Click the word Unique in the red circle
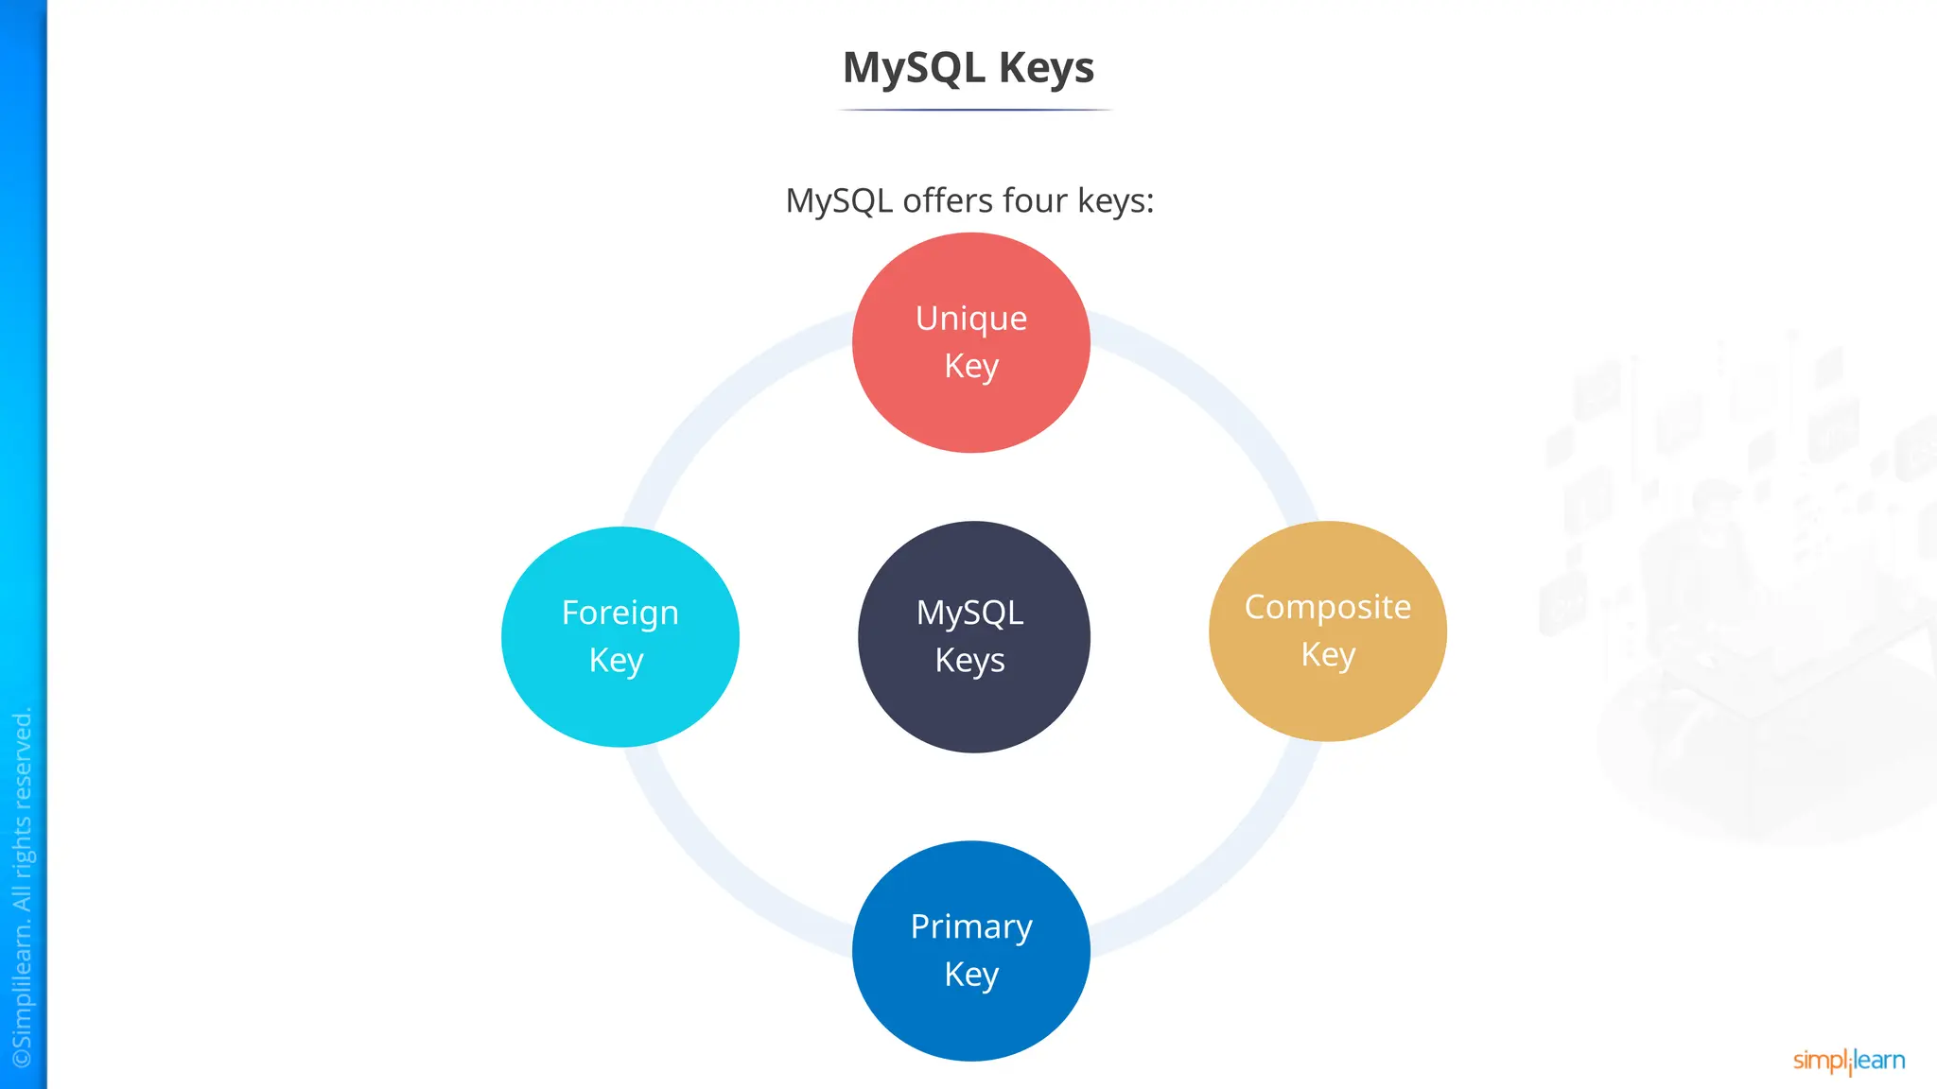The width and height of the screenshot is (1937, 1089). coord(971,319)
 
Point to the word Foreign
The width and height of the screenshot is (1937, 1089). coord(619,614)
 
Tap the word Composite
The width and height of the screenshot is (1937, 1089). coord(1327,607)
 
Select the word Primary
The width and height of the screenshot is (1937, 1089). coord(971,926)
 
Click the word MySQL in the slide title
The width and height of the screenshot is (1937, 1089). coord(914,68)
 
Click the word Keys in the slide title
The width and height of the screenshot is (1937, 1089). coord(1046,68)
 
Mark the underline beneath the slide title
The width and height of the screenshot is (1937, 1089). coord(974,110)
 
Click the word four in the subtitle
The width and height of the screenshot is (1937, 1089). coord(1036,200)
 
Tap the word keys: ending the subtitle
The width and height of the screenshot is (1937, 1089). coord(1116,200)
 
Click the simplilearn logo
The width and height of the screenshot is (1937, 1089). coord(1848,1061)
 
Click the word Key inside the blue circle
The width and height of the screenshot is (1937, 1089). coord(971,974)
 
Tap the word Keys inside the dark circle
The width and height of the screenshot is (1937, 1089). coord(969,660)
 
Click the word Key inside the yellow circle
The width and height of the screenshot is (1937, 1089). coord(1328,654)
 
